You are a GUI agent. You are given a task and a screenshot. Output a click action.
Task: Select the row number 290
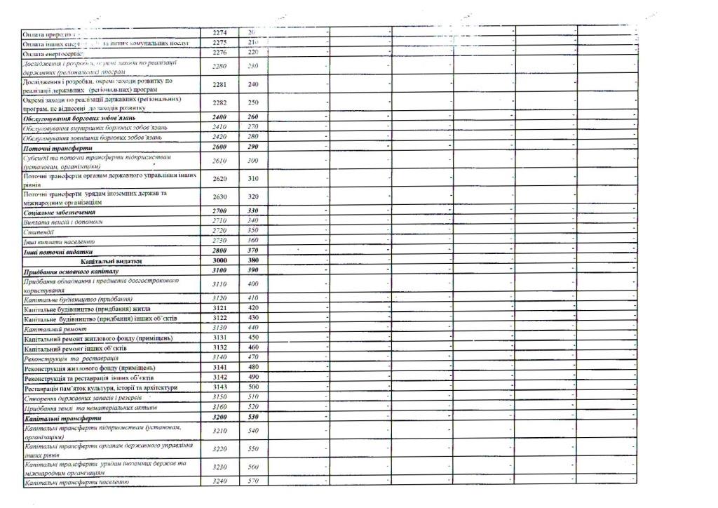pyautogui.click(x=253, y=147)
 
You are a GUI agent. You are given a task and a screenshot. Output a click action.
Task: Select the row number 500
pyautogui.click(x=253, y=387)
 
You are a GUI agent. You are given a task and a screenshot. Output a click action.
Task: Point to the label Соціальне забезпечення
pyautogui.click(x=59, y=211)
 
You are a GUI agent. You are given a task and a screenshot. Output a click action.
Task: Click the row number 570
pyautogui.click(x=253, y=481)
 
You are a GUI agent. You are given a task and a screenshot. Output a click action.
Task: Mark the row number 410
pyautogui.click(x=253, y=298)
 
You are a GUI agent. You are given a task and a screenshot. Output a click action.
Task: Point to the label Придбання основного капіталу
pyautogui.click(x=71, y=271)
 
